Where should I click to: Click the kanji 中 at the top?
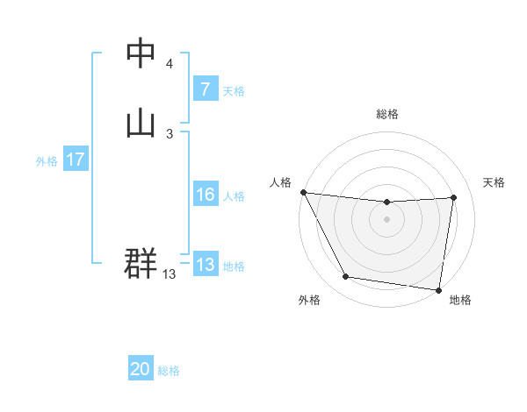click(141, 53)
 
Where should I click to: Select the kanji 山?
click(141, 122)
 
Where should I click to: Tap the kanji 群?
click(141, 264)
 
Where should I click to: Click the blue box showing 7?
click(205, 89)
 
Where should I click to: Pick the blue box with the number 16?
click(205, 195)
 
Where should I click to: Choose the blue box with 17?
click(75, 160)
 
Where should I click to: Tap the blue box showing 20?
click(141, 370)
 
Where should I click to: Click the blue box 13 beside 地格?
click(205, 266)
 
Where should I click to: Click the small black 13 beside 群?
click(169, 274)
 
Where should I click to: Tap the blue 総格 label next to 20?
click(169, 371)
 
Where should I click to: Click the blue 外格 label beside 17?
click(47, 161)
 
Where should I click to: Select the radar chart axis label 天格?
click(494, 182)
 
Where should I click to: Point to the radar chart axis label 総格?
click(387, 114)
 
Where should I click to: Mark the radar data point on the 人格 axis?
click(303, 192)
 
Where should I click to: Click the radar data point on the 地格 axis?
click(439, 290)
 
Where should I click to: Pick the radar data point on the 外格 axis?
click(346, 278)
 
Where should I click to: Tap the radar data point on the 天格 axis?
click(454, 197)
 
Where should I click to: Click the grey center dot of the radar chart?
click(387, 220)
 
